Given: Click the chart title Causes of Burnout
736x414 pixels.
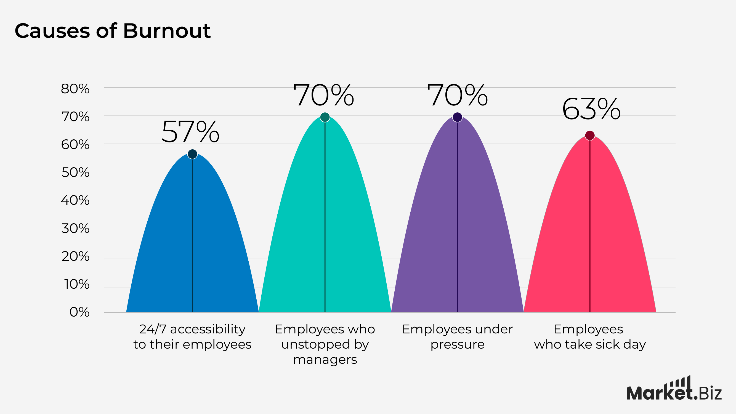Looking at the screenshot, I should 113,31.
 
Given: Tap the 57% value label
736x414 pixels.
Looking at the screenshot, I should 191,132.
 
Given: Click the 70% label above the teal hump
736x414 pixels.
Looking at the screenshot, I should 324,95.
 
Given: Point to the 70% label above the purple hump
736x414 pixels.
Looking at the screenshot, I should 458,95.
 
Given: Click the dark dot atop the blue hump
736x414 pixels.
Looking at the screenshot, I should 192,154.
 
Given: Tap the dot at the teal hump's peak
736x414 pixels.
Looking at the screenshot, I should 325,117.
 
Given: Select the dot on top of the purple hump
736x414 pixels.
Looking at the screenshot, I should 458,117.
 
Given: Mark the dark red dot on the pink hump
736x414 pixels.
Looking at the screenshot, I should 590,136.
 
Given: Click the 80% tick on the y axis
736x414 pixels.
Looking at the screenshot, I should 75,89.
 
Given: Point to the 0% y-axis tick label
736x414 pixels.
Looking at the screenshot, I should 79,312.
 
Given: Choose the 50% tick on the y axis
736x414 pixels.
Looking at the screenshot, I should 75,173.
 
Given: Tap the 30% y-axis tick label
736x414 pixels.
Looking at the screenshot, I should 75,229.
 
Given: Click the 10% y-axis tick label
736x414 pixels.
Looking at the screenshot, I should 76,284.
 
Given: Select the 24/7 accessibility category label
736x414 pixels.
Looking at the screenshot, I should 192,336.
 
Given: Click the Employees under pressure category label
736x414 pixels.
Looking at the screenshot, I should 457,336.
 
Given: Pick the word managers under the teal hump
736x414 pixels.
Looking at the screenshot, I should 325,359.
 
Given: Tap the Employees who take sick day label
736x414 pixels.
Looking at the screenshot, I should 590,336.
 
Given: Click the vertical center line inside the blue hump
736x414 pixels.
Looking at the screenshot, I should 192,234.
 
